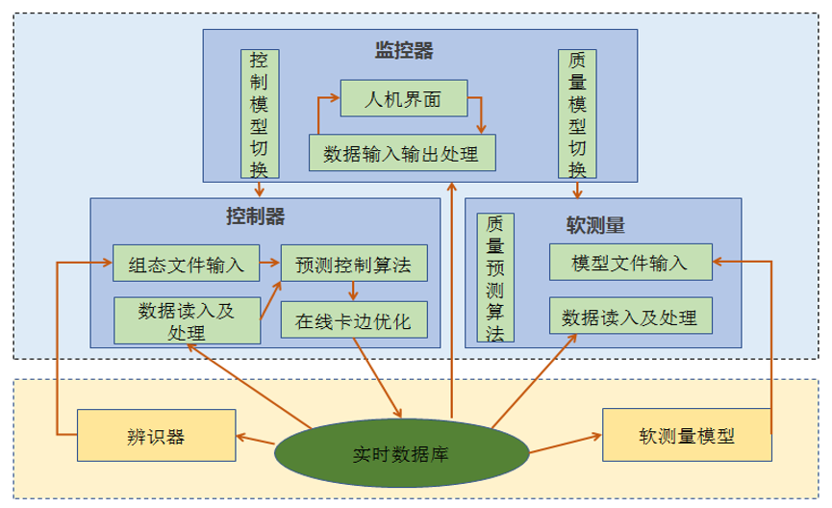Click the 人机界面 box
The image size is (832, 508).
pyautogui.click(x=404, y=99)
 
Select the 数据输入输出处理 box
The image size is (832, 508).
pyautogui.click(x=402, y=152)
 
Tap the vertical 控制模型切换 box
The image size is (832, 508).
pyautogui.click(x=260, y=114)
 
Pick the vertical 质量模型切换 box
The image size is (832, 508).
pyautogui.click(x=577, y=114)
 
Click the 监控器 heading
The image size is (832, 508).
pyautogui.click(x=404, y=51)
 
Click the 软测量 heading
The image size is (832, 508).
pyautogui.click(x=595, y=226)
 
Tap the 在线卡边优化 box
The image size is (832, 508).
pyautogui.click(x=353, y=320)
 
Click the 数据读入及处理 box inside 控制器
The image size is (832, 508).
pyautogui.click(x=188, y=320)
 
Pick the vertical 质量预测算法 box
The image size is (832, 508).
pyautogui.click(x=495, y=277)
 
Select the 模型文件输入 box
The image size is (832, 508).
pyautogui.click(x=630, y=262)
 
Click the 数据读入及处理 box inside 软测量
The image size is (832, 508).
pyautogui.click(x=630, y=317)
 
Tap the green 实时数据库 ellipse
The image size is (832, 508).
pyautogui.click(x=401, y=451)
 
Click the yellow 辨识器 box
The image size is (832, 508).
pyautogui.click(x=156, y=436)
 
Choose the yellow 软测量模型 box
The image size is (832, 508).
pyautogui.click(x=687, y=436)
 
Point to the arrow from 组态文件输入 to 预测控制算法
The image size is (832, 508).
pyautogui.click(x=269, y=262)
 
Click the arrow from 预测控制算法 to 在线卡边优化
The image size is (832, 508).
pyautogui.click(x=354, y=291)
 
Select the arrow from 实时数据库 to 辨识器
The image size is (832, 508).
pyautogui.click(x=256, y=441)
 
